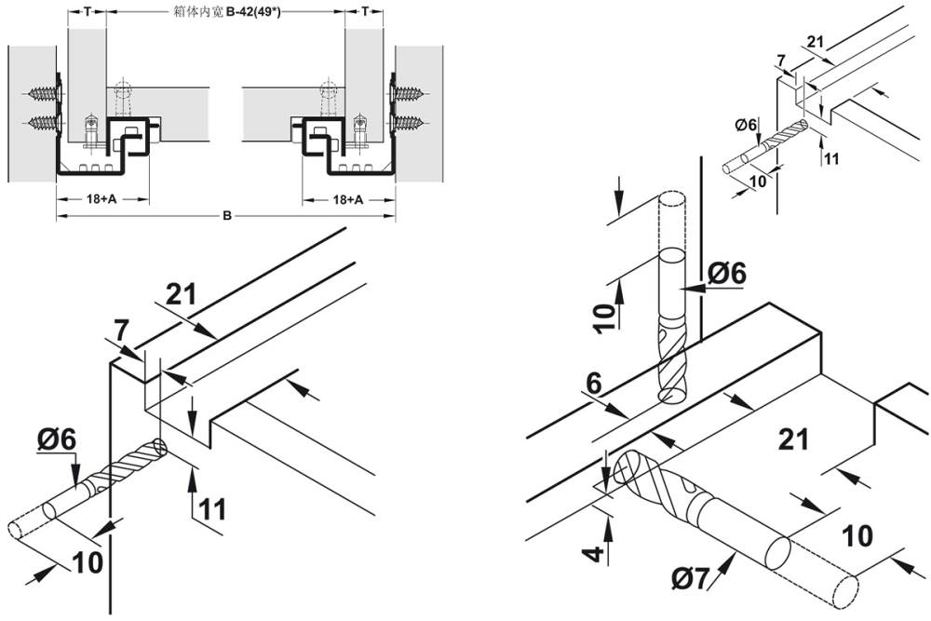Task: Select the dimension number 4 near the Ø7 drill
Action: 597,543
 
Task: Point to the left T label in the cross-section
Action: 87,11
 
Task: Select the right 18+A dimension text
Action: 348,199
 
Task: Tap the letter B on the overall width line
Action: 226,217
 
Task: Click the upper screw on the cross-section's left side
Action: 42,93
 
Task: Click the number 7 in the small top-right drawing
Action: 780,61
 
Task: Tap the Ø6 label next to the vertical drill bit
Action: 726,273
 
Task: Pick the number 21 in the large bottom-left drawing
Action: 182,295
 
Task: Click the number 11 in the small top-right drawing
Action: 831,158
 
